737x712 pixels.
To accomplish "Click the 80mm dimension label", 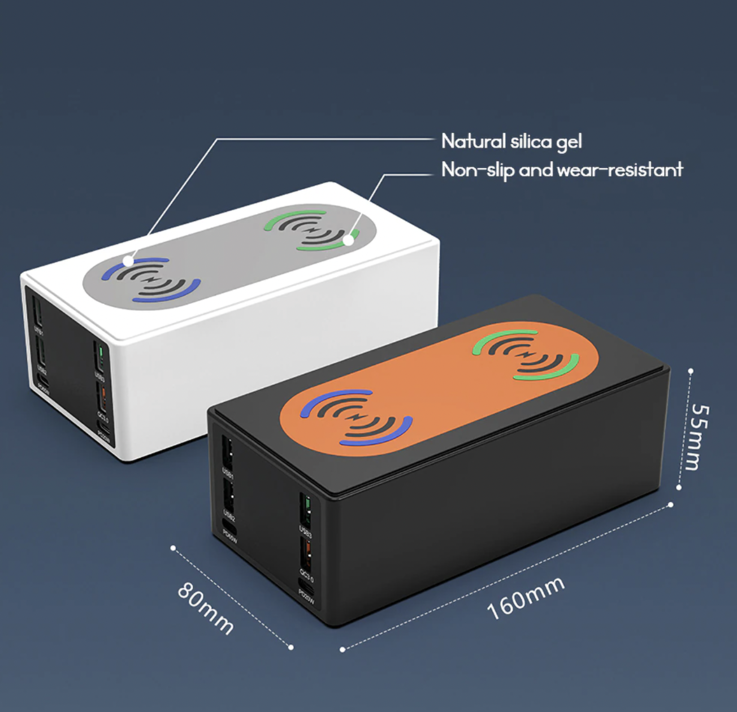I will [206, 607].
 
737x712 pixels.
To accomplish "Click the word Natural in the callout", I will [473, 141].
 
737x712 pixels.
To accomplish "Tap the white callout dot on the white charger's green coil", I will [349, 240].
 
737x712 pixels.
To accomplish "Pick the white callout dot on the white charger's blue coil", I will [129, 261].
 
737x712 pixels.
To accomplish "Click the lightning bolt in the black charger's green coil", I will [526, 354].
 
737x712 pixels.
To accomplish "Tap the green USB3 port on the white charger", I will [100, 356].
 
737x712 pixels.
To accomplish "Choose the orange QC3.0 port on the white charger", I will [102, 397].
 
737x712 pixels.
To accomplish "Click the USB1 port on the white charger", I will [37, 310].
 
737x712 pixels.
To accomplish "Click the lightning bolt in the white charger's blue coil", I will [150, 279].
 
